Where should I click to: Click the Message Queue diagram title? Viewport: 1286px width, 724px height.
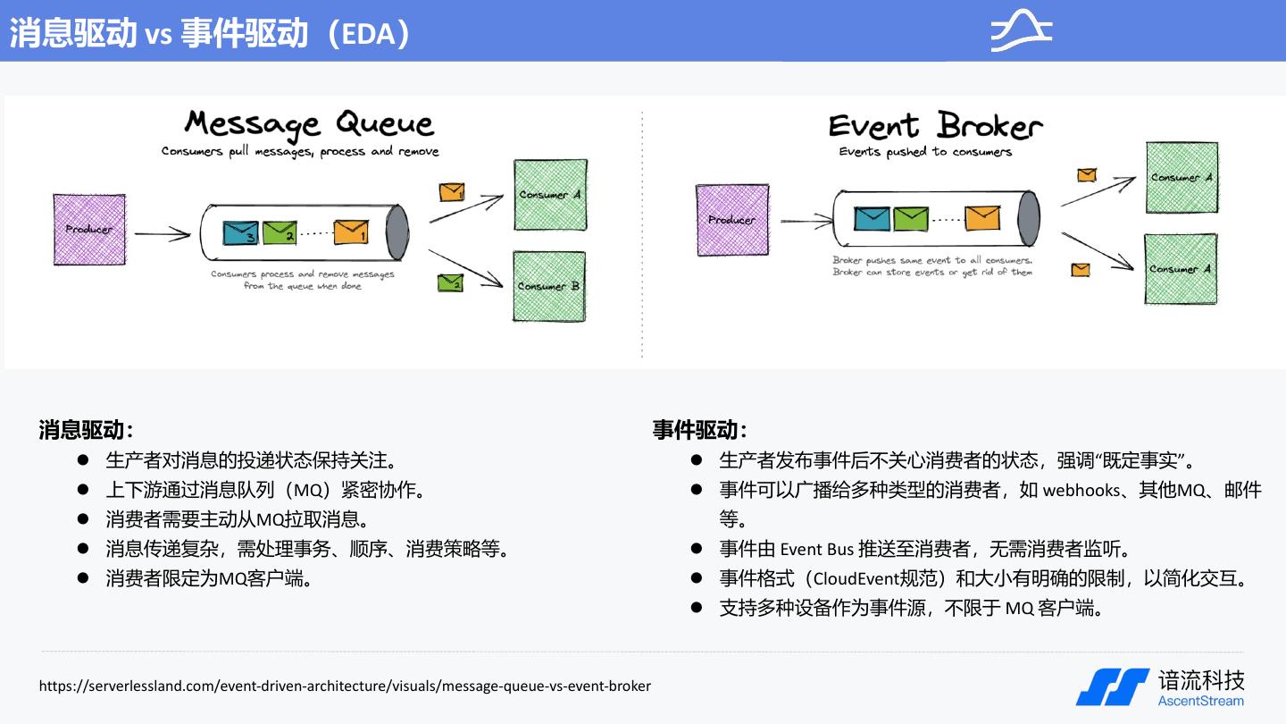[308, 124]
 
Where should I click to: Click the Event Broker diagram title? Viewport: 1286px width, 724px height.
[935, 126]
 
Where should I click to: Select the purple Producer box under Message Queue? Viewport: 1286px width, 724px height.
[89, 229]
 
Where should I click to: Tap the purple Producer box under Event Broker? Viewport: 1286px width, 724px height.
[731, 220]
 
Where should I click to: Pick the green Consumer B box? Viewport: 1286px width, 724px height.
[549, 286]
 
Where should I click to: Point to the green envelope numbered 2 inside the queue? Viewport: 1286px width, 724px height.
[280, 232]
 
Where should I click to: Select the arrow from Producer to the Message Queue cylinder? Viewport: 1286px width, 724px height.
[162, 235]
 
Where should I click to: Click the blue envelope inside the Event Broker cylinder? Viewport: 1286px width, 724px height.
[872, 218]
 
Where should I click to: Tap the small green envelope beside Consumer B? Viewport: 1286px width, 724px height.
[450, 282]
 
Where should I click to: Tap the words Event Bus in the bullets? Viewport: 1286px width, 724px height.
[816, 549]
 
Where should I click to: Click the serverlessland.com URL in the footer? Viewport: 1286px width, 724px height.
[345, 686]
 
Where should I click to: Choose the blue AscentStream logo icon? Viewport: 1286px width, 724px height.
[1112, 686]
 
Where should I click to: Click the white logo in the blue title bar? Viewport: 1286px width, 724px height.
[1022, 31]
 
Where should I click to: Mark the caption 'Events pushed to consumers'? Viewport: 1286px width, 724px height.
[925, 152]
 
